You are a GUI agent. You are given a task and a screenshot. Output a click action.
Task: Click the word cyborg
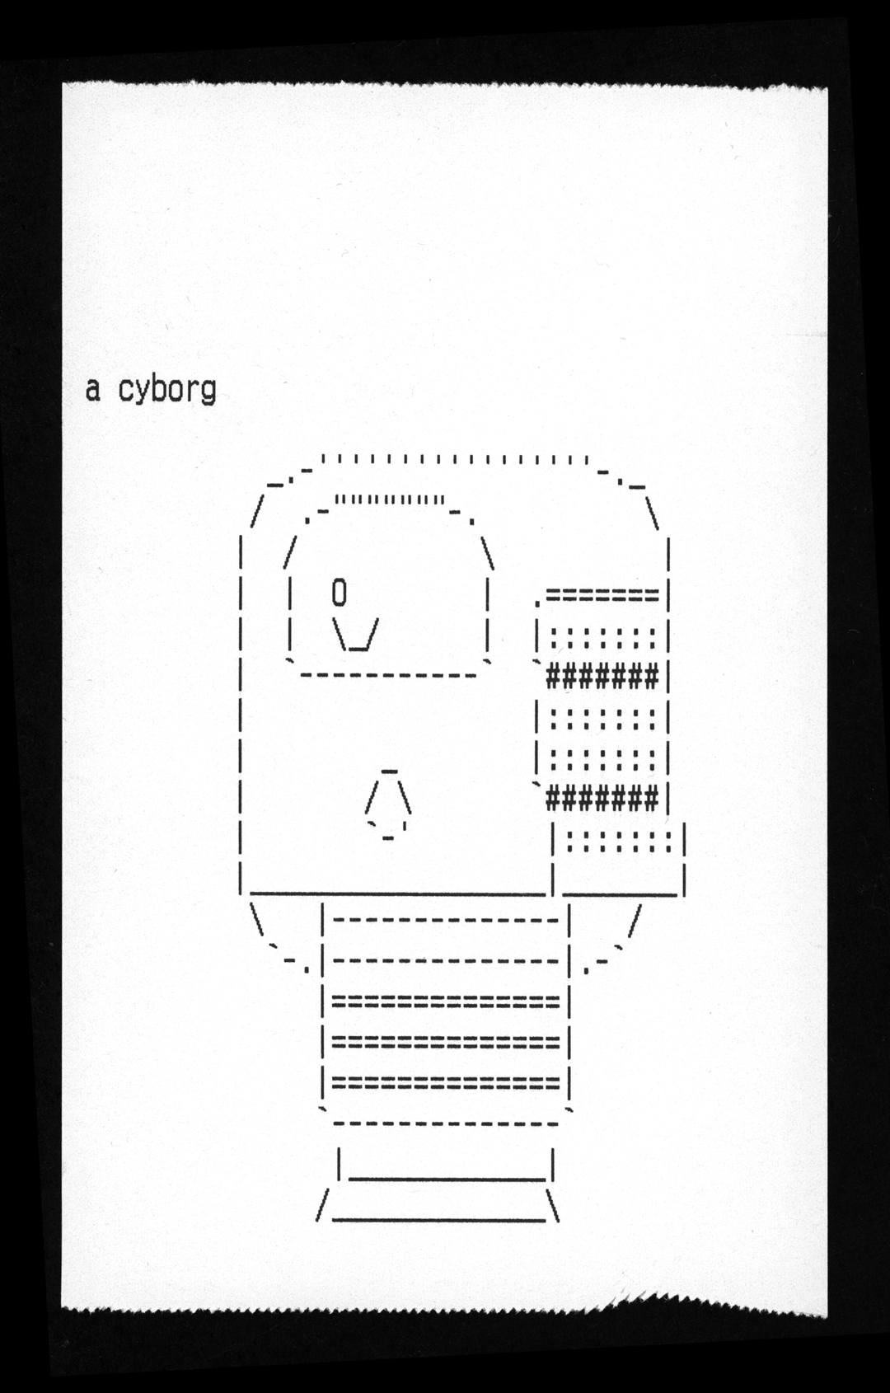[x=167, y=389]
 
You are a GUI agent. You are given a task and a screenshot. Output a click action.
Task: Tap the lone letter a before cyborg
[x=93, y=389]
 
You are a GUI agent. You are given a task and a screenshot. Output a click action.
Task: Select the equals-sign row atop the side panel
[x=602, y=594]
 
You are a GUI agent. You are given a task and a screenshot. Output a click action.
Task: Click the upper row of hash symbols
[x=602, y=677]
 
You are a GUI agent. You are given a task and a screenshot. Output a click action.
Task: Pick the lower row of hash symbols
[x=602, y=798]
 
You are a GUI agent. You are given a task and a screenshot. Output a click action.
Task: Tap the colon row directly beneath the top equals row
[x=602, y=637]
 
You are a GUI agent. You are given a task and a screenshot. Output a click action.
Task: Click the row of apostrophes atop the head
[x=454, y=459]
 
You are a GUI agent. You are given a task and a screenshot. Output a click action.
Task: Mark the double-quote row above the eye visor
[x=391, y=499]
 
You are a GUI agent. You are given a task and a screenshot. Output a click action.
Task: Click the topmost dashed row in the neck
[x=446, y=919]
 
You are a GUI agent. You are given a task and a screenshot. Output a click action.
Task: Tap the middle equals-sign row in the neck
[x=446, y=1041]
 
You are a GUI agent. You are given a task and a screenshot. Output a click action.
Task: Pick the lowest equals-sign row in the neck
[x=446, y=1081]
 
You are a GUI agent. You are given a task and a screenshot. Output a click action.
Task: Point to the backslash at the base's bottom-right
[x=555, y=1205]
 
